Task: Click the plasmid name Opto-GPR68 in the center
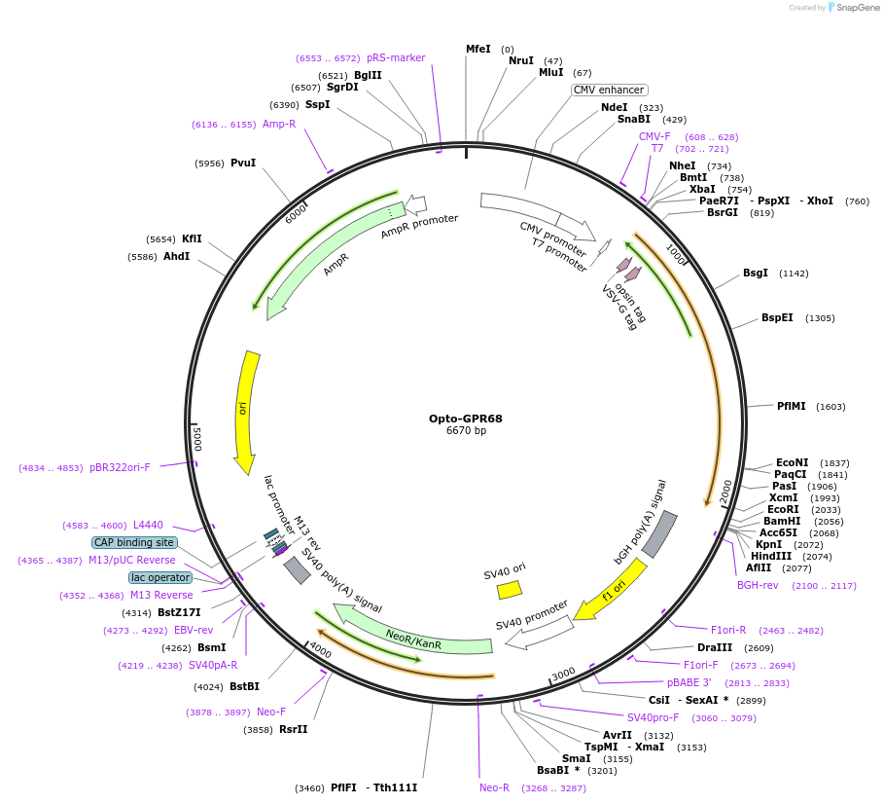465,419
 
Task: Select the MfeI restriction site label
477,49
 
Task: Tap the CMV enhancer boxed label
609,90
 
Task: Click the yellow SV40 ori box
510,590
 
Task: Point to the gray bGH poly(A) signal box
658,534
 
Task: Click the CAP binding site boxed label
134,542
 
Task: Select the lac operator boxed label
160,577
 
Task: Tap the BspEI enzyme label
777,318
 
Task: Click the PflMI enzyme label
791,406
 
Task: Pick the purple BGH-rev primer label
758,585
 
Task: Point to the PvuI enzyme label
243,163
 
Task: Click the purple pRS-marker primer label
396,57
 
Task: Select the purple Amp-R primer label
279,124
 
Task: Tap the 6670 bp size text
466,431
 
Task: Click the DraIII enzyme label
715,647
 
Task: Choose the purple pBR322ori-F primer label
120,467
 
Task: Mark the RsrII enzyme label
293,729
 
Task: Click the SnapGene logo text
856,8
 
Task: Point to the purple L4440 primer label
148,525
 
